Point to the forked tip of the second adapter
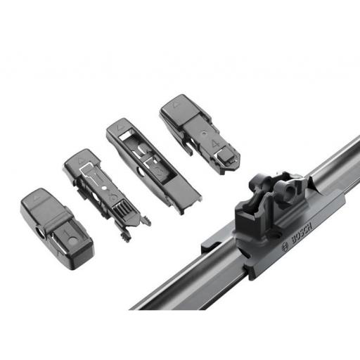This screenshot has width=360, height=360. pyautogui.click(x=145, y=221)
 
